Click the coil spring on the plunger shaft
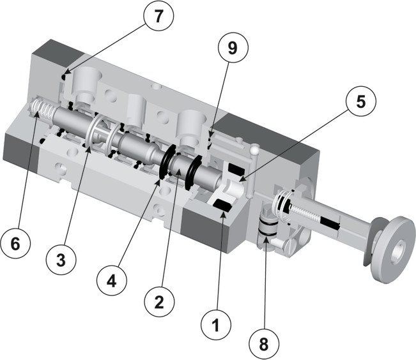click(x=286, y=207)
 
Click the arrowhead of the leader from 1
click(x=222, y=213)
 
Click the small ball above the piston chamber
click(x=255, y=151)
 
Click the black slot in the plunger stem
click(x=332, y=223)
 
